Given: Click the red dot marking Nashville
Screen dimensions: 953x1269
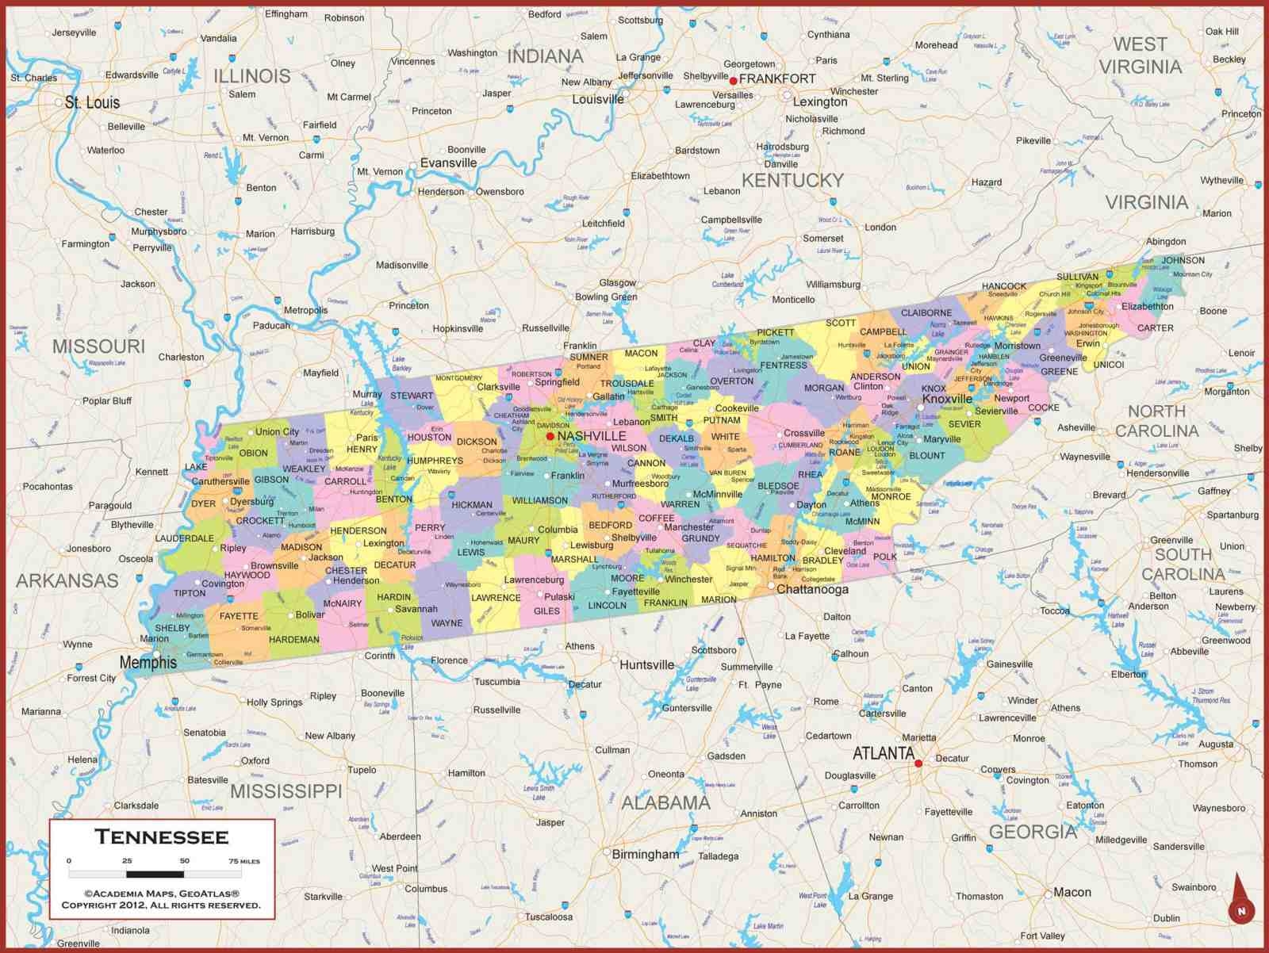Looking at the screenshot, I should (550, 436).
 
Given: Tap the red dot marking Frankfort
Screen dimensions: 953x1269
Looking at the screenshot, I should (734, 80).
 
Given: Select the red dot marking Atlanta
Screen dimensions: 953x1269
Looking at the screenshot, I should (918, 764).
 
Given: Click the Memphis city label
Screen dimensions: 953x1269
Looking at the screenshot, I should (148, 662).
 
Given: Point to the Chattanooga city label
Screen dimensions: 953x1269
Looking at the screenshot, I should (812, 589).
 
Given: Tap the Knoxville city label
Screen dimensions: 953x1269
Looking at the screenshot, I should (947, 399).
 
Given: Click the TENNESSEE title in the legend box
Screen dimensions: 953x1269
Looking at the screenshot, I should (162, 837).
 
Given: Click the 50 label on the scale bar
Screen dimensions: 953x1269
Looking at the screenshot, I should (184, 860).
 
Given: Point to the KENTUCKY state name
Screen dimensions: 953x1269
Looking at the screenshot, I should (792, 181).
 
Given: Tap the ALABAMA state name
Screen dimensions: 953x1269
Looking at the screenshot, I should (665, 803).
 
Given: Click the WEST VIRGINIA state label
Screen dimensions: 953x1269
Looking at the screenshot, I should (1141, 55).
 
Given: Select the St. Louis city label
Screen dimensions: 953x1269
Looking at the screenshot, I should (92, 102).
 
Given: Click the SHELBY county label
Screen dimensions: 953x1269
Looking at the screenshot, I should (172, 628).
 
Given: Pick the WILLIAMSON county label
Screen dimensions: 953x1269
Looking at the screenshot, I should (540, 500).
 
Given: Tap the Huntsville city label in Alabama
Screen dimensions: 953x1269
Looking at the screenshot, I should (646, 664).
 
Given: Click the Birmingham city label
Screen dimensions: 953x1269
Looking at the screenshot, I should (646, 854).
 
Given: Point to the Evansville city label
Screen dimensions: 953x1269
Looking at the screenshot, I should (448, 163).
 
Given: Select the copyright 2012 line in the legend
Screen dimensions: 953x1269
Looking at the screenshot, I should (161, 905).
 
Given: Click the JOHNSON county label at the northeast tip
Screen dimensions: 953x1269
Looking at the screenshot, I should (1183, 260).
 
